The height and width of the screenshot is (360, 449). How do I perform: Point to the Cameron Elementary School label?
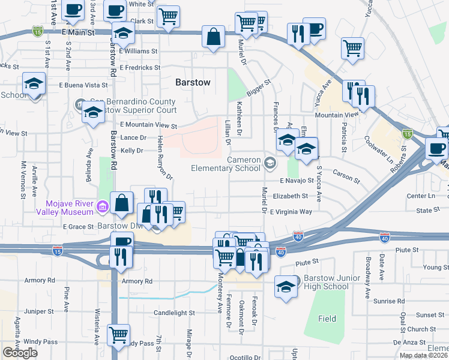(x=226, y=164)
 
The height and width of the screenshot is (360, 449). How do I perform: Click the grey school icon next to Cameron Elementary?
(x=271, y=162)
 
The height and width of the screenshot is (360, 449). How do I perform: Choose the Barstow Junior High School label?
(x=326, y=282)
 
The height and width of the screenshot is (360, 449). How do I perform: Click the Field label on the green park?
(x=327, y=319)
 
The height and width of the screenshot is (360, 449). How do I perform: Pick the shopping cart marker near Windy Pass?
(x=118, y=334)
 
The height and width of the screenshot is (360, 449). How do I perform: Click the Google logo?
(x=20, y=353)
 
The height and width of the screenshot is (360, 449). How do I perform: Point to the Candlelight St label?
(x=174, y=313)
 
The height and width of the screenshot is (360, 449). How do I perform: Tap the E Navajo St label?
(x=297, y=181)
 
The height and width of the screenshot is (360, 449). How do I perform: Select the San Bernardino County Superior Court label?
(x=133, y=106)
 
